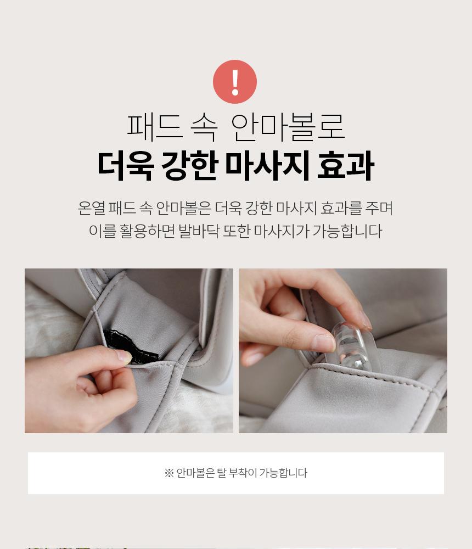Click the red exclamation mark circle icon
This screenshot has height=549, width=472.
(x=234, y=82)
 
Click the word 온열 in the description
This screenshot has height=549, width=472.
(x=91, y=208)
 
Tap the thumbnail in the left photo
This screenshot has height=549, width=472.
(x=123, y=356)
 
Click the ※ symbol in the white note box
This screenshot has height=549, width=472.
(x=169, y=473)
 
